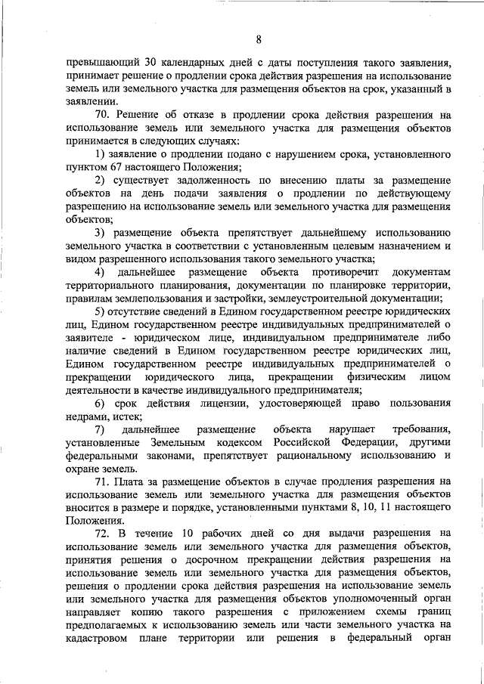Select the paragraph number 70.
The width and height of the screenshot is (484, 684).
(104, 114)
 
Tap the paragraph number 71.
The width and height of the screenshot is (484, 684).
(104, 481)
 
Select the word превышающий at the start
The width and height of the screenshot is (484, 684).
(98, 63)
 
